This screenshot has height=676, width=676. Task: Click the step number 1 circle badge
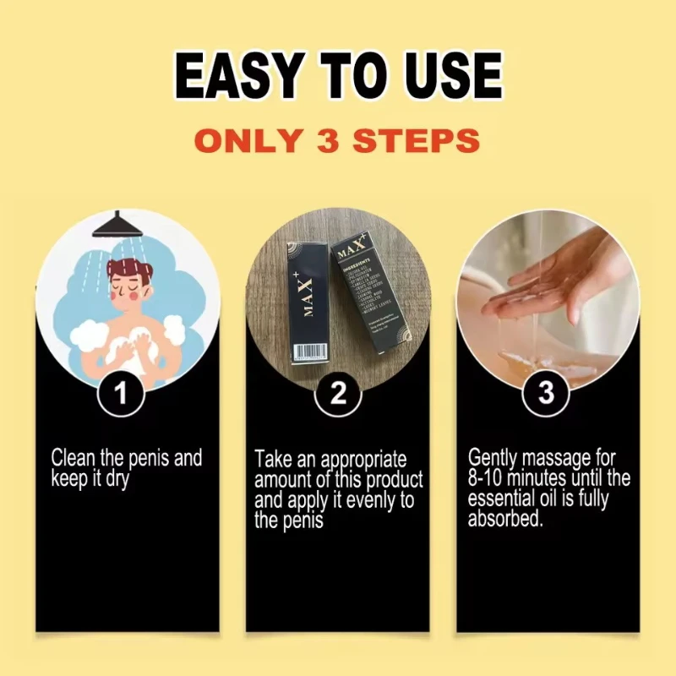[x=120, y=394]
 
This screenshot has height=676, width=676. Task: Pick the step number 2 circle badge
[x=337, y=394]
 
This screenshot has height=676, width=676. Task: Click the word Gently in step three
[x=493, y=459]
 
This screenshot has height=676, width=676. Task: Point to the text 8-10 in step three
[x=488, y=478]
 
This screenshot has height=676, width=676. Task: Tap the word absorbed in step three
[x=505, y=518]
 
